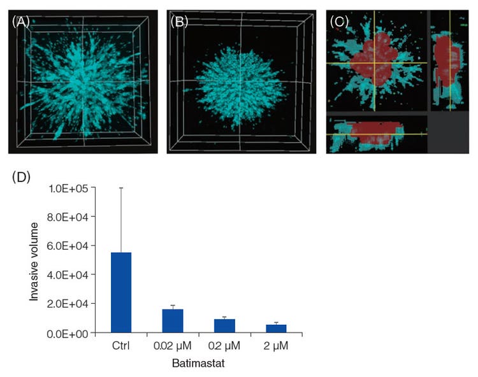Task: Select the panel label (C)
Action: point(338,21)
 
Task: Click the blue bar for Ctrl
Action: point(121,292)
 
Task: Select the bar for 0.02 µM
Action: point(173,320)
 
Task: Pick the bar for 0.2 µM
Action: point(224,325)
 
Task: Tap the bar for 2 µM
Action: point(276,328)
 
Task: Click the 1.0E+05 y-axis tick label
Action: point(75,188)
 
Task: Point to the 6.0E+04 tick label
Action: point(75,246)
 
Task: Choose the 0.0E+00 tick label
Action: point(75,333)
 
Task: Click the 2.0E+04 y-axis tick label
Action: point(75,304)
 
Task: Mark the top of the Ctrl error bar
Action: point(121,188)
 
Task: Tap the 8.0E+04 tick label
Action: point(75,217)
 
